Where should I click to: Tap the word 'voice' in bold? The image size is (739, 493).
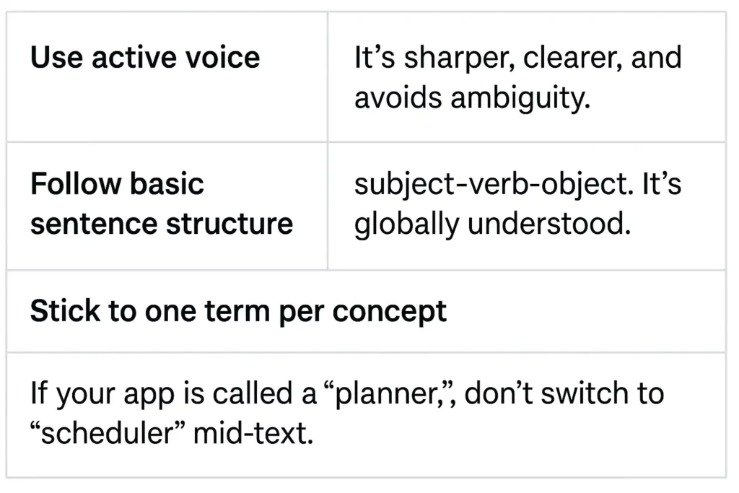tap(222, 58)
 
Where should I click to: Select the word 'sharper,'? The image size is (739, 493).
tap(460, 58)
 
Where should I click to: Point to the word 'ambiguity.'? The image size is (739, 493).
tap(520, 99)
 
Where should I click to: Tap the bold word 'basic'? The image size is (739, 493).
tap(167, 183)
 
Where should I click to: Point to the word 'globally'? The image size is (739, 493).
tap(407, 224)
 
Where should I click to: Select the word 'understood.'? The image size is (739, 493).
tap(549, 224)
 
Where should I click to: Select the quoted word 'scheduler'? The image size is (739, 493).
tap(108, 433)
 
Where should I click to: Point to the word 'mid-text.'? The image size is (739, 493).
tap(253, 433)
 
